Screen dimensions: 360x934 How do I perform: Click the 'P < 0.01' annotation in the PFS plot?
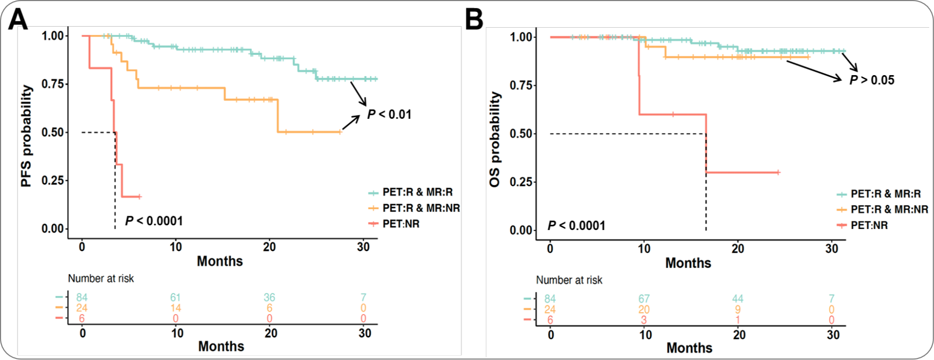pos(389,114)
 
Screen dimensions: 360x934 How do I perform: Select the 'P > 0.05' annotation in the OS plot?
pos(872,80)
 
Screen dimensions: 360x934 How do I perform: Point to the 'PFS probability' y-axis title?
pos(26,136)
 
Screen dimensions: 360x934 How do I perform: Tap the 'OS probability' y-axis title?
pos(495,140)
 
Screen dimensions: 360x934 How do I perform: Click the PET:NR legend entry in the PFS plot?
pos(400,224)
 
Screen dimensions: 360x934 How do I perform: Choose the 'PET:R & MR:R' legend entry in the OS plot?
pos(885,194)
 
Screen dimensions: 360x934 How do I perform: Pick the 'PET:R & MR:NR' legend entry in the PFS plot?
pos(421,208)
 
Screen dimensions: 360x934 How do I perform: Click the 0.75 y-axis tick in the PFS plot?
pos(54,84)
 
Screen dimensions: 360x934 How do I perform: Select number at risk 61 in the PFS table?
pos(175,297)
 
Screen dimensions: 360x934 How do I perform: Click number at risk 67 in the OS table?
pos(644,299)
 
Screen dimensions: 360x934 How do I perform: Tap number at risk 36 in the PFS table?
pos(269,297)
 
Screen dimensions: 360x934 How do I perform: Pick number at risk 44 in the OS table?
pos(738,299)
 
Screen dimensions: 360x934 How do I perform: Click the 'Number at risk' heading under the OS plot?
pos(569,280)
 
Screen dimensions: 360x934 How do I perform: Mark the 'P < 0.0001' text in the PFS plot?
pos(154,221)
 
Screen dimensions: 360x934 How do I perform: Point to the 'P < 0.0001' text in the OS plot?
pos(577,226)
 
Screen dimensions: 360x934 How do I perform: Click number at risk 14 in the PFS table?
pos(175,308)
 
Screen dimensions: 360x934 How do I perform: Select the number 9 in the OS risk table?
pos(738,309)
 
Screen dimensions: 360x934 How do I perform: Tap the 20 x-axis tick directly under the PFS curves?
pos(269,247)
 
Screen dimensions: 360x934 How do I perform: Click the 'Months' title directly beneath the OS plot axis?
pos(688,263)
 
